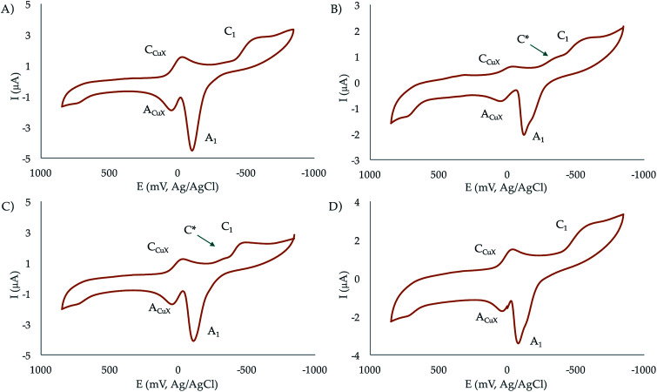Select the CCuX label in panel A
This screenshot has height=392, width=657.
tap(158, 51)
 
